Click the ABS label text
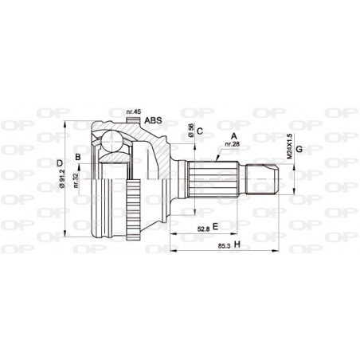coord(153,120)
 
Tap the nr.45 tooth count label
coord(133,112)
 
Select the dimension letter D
coord(60,163)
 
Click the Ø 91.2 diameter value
coord(62,178)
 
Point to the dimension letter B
coord(78,157)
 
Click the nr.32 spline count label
coord(76,180)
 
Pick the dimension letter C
coord(200,131)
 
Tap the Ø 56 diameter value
coord(190,131)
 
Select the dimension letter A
coord(233,136)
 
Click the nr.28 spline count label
coord(233,144)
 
